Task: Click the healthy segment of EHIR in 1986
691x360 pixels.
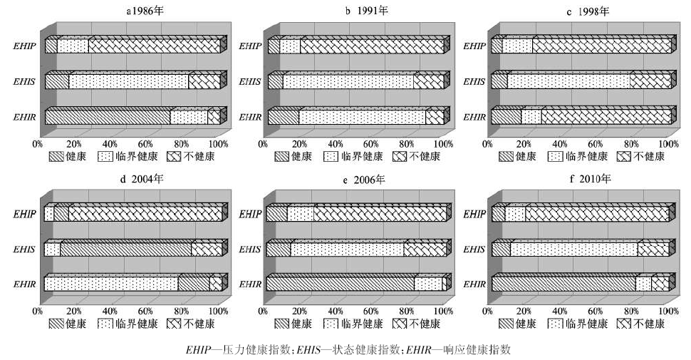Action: point(107,117)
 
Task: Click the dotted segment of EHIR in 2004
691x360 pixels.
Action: point(110,284)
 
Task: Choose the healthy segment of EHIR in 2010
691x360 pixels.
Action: point(563,284)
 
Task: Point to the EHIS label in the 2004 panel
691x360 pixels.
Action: point(26,250)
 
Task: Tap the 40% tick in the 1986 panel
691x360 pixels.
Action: point(110,144)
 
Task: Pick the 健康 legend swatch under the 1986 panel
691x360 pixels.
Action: point(56,156)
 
